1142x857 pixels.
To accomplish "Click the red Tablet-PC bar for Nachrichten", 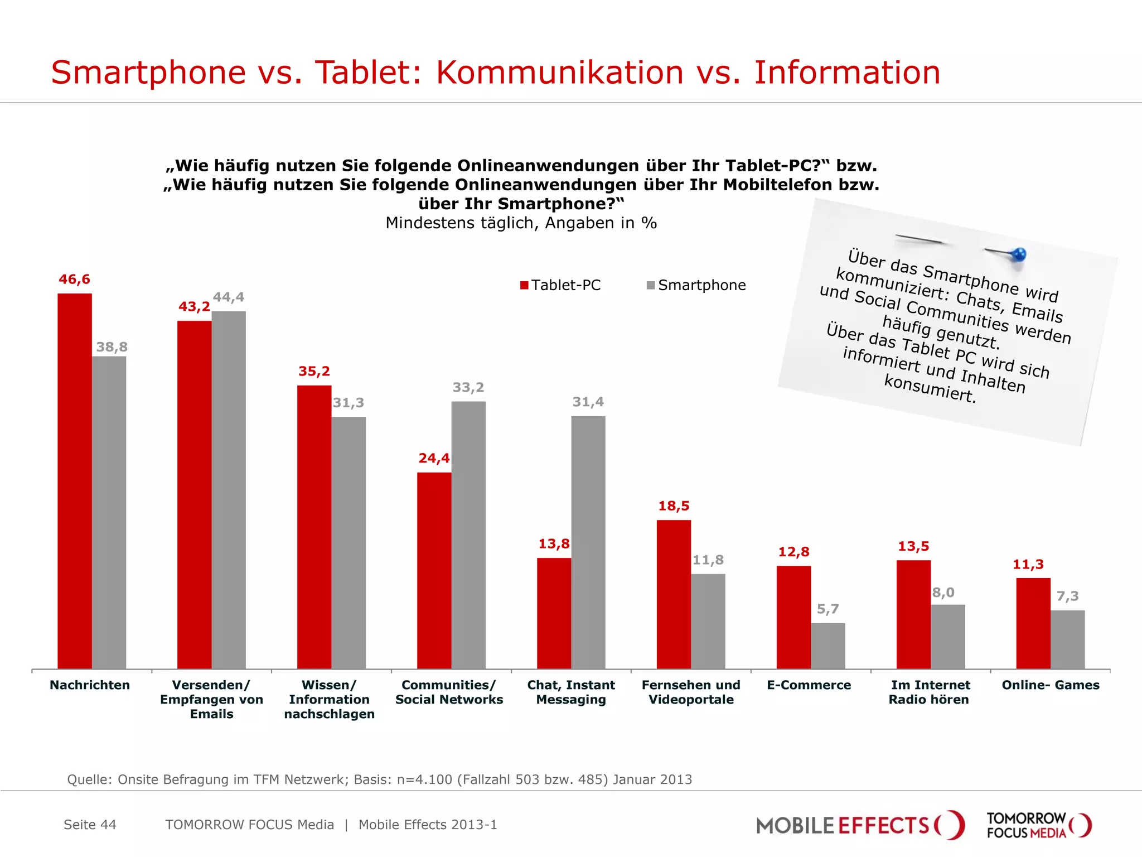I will [x=75, y=480].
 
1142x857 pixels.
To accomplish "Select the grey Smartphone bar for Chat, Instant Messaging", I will [x=588, y=541].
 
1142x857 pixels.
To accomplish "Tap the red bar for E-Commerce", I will [x=793, y=617].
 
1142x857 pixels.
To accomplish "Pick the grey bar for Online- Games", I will [x=1067, y=639].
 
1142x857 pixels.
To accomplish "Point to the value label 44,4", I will [x=229, y=297].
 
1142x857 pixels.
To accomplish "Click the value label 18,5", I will [x=674, y=506].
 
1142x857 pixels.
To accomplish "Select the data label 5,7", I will [x=828, y=609].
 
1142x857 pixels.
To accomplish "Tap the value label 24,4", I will [x=434, y=458].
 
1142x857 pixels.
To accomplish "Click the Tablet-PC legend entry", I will [x=560, y=285].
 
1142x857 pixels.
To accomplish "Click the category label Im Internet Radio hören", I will [x=930, y=692].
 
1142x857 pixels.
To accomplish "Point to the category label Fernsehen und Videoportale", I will [x=691, y=692].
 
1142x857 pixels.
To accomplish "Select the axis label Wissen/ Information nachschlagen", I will [x=329, y=700].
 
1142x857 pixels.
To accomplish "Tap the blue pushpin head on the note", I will [x=1019, y=254].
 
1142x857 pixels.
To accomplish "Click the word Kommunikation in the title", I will [x=559, y=73].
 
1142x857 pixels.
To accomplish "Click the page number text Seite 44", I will [x=90, y=825].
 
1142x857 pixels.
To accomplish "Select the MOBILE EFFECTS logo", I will [x=859, y=825].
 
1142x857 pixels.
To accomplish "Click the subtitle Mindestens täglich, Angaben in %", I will [x=521, y=223].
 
